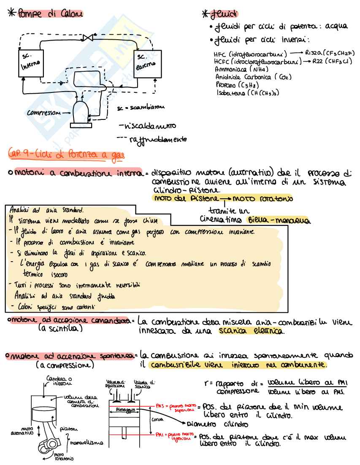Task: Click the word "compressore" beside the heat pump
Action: pyautogui.click(x=43, y=113)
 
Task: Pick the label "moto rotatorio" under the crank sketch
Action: pyautogui.click(x=64, y=457)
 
